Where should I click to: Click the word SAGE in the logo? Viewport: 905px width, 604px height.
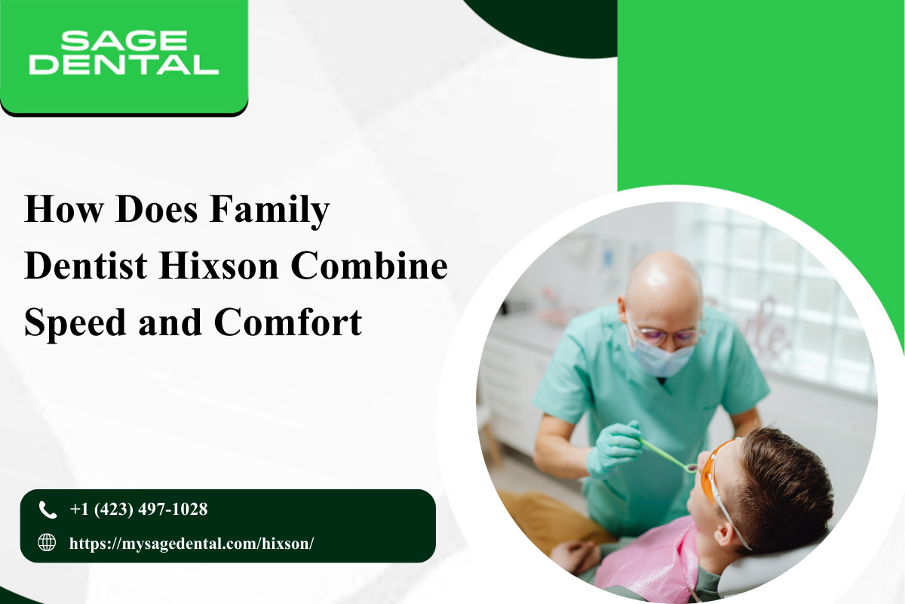click(x=124, y=41)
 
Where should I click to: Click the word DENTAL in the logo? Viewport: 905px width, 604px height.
click(x=124, y=65)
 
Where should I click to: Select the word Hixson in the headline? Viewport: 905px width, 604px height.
click(x=219, y=267)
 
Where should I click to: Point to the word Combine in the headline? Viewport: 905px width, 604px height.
click(x=369, y=267)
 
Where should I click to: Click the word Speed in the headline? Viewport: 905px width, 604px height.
click(x=75, y=324)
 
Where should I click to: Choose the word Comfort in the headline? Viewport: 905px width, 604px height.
click(x=287, y=322)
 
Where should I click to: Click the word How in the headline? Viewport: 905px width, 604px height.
click(x=63, y=209)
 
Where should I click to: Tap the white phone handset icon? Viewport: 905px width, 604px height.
click(x=48, y=510)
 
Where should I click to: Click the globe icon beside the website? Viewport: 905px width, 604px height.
click(x=47, y=543)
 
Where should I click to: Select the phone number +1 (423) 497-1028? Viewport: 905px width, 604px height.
click(x=139, y=510)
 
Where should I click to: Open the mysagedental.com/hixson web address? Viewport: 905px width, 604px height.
click(x=192, y=544)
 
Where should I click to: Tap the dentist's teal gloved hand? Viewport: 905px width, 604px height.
click(x=614, y=448)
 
